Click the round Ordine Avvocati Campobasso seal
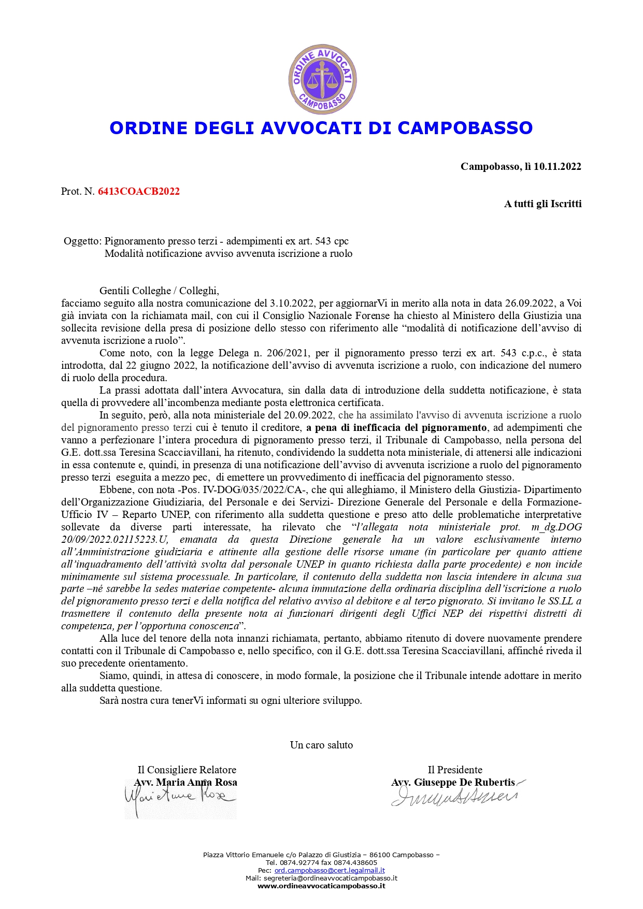pyautogui.click(x=322, y=79)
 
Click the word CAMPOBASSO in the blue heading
pyautogui.click(x=465, y=128)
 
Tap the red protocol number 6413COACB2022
pyautogui.click(x=139, y=191)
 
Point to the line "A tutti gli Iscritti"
pyautogui.click(x=542, y=204)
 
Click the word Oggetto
pyautogui.click(x=82, y=241)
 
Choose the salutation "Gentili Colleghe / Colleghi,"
pyautogui.click(x=159, y=291)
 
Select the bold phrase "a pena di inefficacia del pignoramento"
pyautogui.click(x=396, y=427)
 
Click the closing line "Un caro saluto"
pyautogui.click(x=321, y=745)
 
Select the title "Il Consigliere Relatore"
pyautogui.click(x=187, y=770)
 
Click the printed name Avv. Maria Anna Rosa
pyautogui.click(x=185, y=782)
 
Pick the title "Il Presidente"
pyautogui.click(x=455, y=770)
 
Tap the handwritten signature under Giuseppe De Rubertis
pyautogui.click(x=454, y=797)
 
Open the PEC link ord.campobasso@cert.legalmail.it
pyautogui.click(x=330, y=871)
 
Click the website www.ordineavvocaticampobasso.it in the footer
pyautogui.click(x=321, y=886)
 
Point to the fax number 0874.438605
pyautogui.click(x=356, y=862)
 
